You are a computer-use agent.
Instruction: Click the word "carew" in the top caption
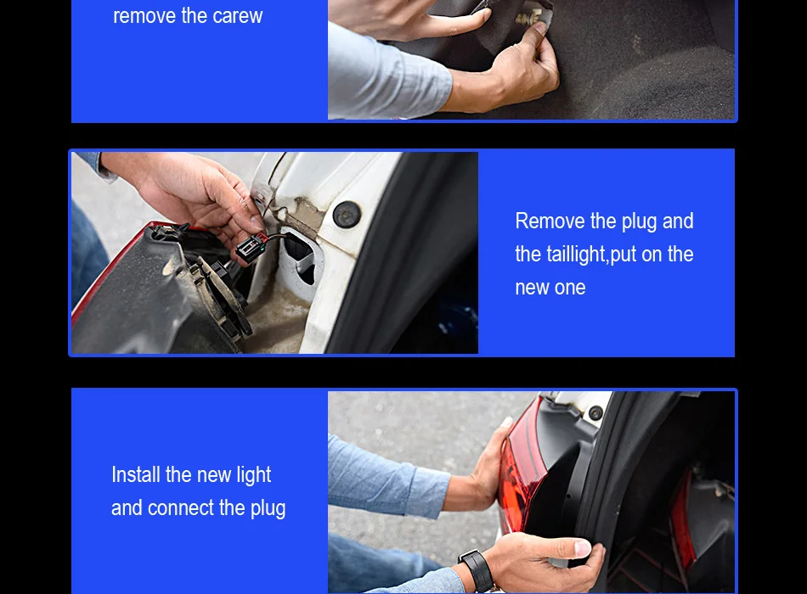pos(237,16)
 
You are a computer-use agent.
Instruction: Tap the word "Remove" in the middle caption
pos(550,221)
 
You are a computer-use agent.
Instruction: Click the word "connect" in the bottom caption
pos(180,508)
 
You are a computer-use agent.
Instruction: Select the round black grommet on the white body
pos(347,214)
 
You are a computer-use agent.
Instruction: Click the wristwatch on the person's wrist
pos(478,570)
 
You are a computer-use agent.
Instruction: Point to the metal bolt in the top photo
pos(529,19)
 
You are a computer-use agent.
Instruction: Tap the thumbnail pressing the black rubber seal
pos(582,548)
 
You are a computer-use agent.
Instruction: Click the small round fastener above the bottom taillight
pos(596,412)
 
